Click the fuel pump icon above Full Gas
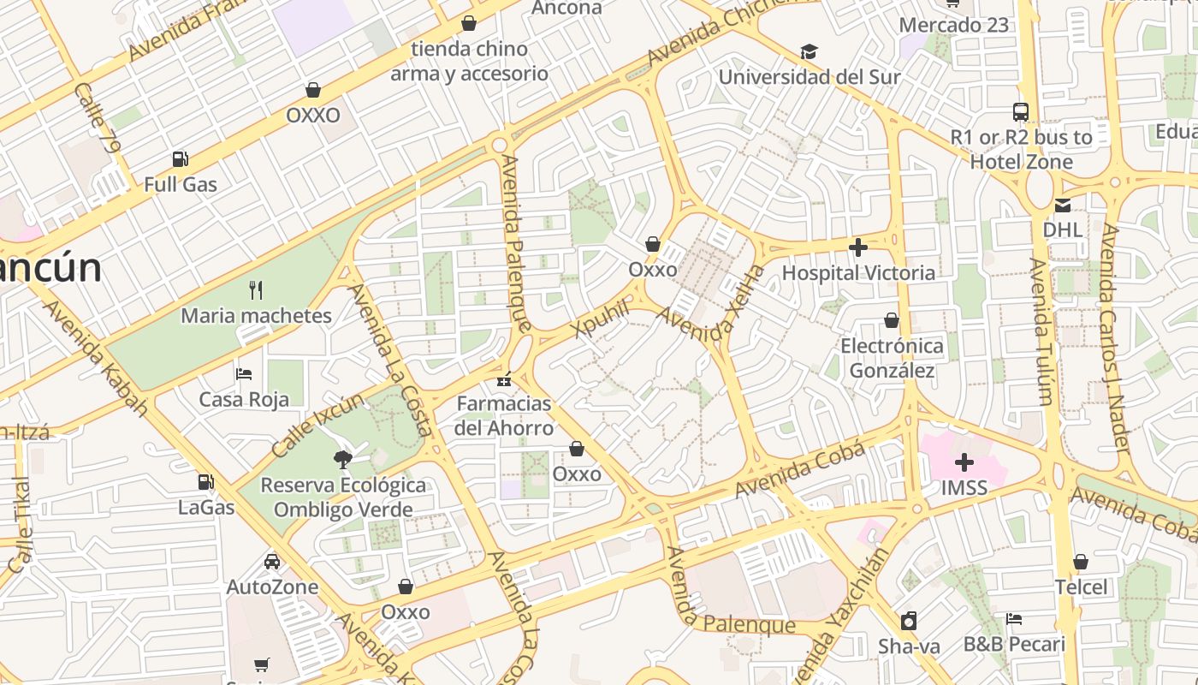[180, 158]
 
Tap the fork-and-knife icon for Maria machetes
[256, 290]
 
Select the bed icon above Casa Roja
[244, 374]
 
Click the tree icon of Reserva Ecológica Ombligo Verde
[343, 459]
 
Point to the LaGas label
[205, 507]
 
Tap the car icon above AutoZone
[271, 562]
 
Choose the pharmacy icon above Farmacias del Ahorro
[505, 378]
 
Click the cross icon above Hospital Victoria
[858, 248]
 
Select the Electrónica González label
[893, 358]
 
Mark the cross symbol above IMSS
[964, 463]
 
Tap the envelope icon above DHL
[1063, 205]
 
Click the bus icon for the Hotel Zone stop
[1021, 112]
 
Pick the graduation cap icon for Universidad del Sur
[809, 52]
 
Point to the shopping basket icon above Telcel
[1081, 562]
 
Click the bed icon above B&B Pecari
[1014, 618]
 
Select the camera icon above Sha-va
[909, 620]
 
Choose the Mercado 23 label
[954, 25]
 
